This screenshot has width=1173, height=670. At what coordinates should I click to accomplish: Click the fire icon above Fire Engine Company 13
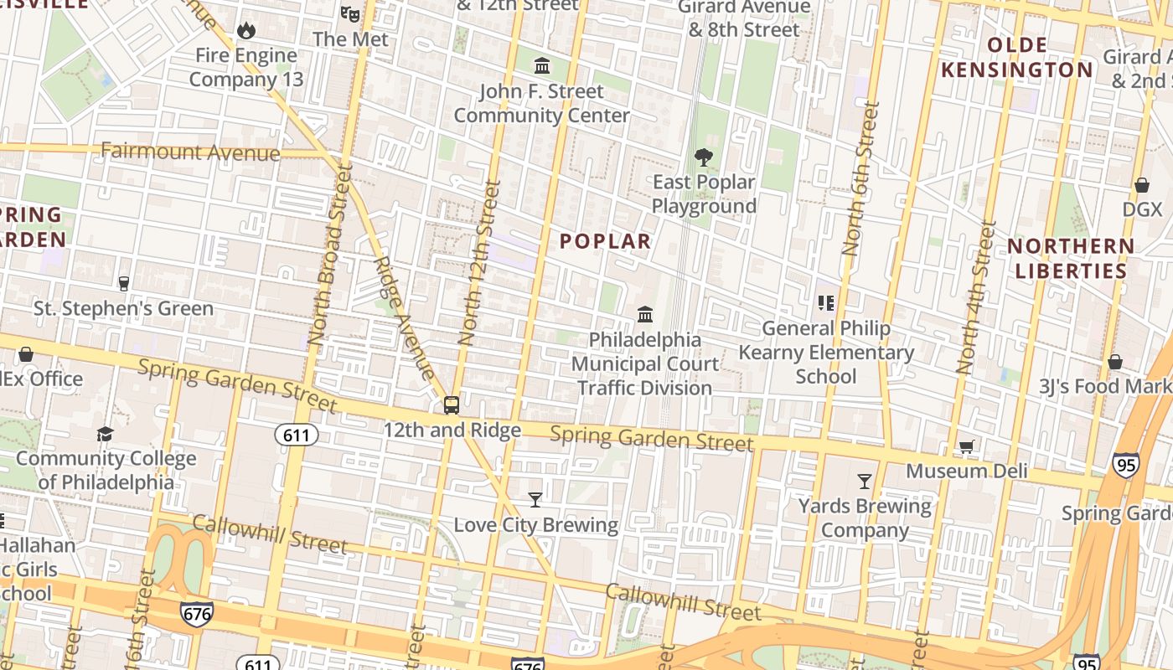click(245, 30)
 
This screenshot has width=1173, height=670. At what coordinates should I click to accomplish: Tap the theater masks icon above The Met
click(350, 13)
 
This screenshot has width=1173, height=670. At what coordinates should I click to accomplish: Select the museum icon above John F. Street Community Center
click(542, 65)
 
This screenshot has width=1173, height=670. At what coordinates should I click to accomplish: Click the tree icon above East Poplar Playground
click(704, 157)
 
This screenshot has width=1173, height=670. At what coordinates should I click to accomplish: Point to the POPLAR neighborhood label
click(605, 241)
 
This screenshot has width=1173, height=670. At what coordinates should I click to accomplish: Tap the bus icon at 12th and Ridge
click(452, 405)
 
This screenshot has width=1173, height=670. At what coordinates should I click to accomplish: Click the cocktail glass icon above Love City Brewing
click(535, 500)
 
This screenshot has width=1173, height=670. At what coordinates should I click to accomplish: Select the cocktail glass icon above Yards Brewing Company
click(865, 482)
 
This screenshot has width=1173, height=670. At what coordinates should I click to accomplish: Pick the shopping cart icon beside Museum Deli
click(967, 447)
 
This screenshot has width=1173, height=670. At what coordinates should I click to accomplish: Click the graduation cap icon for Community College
click(105, 434)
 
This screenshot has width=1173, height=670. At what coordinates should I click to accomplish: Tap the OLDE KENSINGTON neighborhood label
click(1017, 57)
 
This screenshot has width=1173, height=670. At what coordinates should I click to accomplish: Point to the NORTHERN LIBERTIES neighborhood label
click(1071, 258)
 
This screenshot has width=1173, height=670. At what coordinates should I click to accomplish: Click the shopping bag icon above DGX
click(1141, 185)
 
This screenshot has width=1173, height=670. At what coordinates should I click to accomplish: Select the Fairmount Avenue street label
click(190, 152)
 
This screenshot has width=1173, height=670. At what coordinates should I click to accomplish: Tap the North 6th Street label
click(860, 179)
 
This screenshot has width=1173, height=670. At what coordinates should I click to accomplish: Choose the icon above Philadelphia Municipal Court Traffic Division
click(645, 315)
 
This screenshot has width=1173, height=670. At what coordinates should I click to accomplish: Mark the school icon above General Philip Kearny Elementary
click(826, 303)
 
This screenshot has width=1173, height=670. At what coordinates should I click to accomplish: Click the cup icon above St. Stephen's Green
click(124, 284)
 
